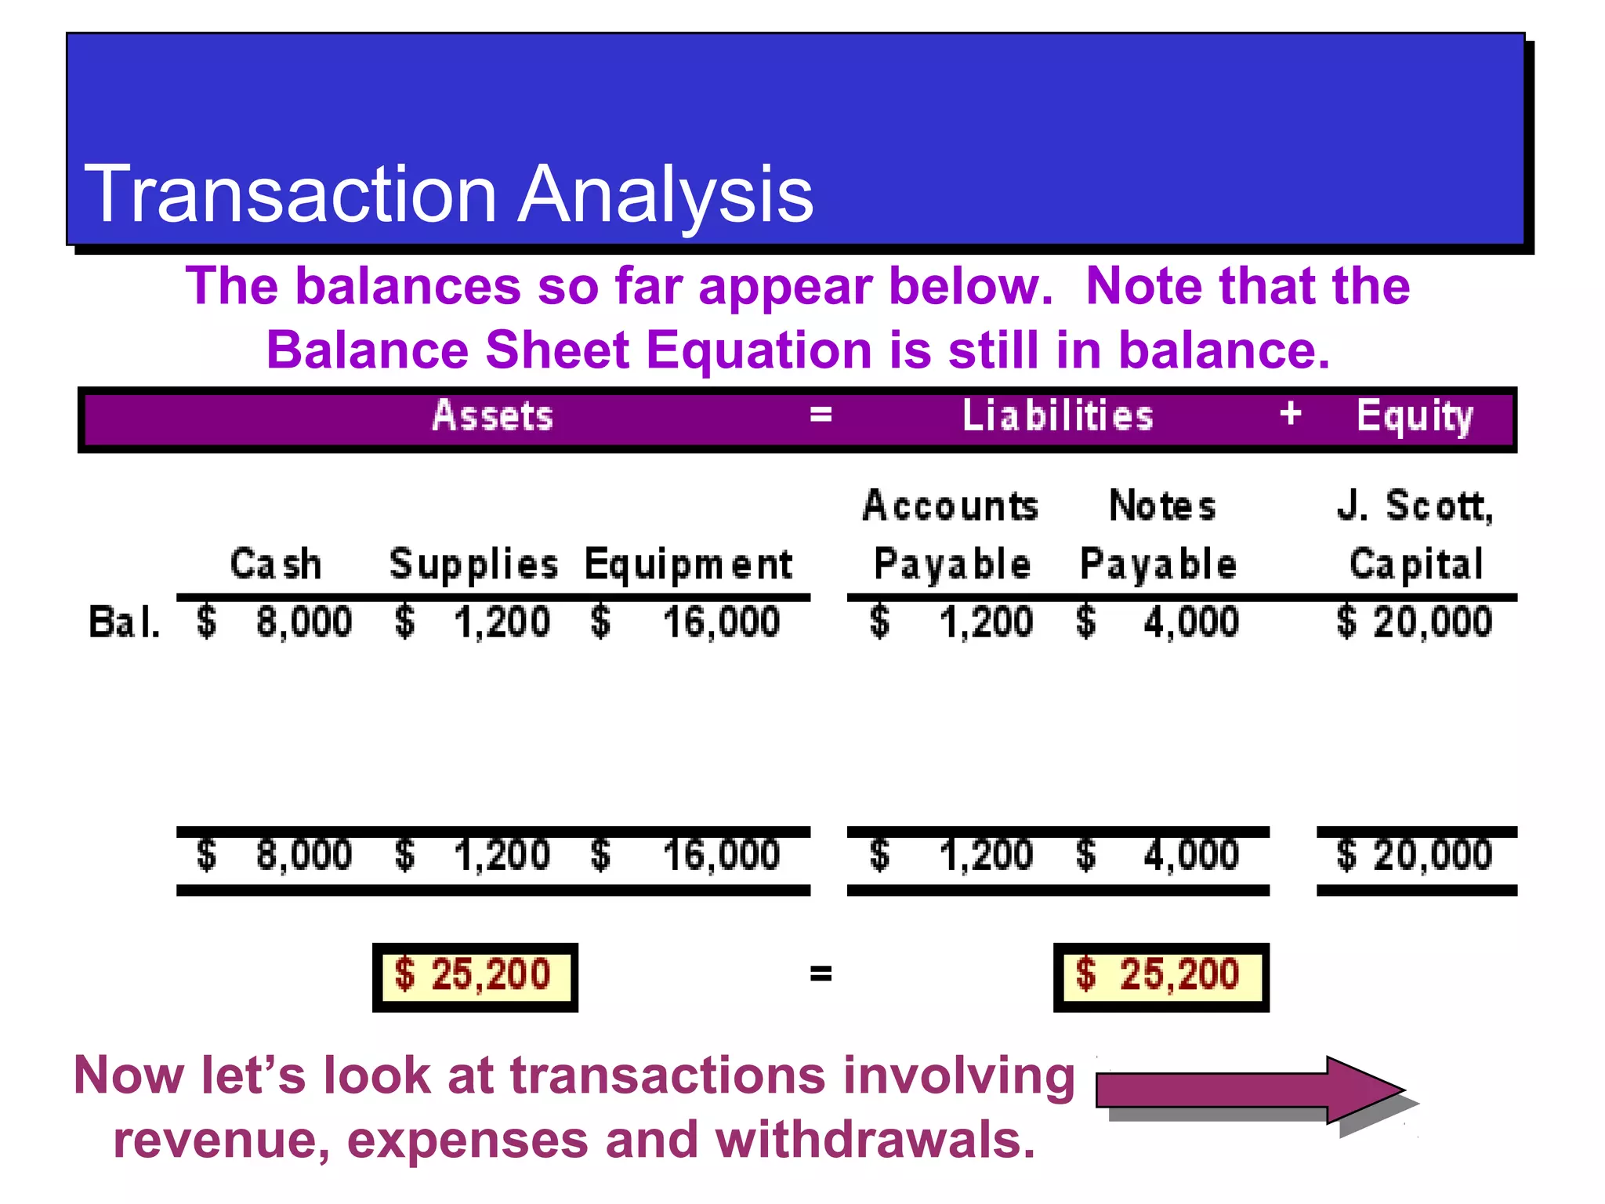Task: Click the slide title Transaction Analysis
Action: click(x=448, y=194)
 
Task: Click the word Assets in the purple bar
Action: click(x=493, y=415)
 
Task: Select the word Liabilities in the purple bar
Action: click(x=1057, y=415)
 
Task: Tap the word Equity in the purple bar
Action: click(x=1415, y=416)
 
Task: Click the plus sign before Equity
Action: click(x=1290, y=413)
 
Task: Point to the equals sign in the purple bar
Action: click(x=821, y=414)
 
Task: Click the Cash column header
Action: click(x=276, y=564)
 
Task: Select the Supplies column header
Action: click(x=473, y=564)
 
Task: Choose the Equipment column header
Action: click(x=689, y=564)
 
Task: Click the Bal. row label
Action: click(x=124, y=622)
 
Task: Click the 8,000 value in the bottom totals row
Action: click(x=304, y=854)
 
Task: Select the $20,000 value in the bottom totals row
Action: click(x=1415, y=854)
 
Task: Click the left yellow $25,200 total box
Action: click(x=475, y=977)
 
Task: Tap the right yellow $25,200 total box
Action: click(x=1161, y=977)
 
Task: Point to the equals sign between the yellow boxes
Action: click(x=821, y=974)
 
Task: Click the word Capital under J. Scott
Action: click(x=1416, y=564)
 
